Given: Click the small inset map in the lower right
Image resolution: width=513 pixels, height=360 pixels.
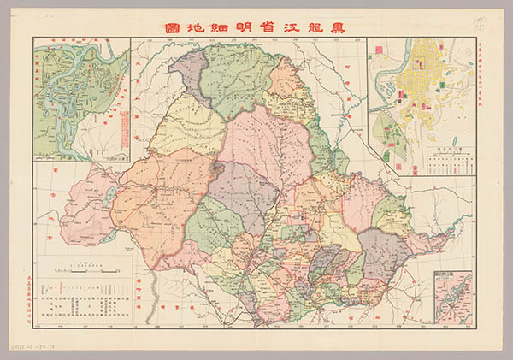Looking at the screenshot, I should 452,295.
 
